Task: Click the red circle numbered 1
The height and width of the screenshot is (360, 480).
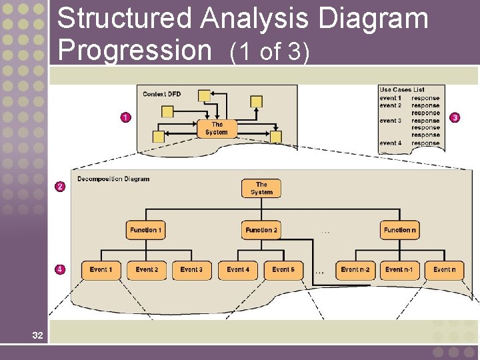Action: pos(125,117)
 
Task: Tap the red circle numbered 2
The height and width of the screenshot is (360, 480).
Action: pos(60,187)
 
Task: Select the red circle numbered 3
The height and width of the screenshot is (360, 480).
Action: pos(455,117)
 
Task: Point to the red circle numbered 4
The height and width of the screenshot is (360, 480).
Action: pos(60,269)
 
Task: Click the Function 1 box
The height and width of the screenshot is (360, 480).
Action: pos(146,230)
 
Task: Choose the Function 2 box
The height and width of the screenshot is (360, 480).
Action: pos(261,230)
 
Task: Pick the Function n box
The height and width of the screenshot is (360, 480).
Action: pos(400,230)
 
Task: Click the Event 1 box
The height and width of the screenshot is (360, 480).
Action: pos(101,270)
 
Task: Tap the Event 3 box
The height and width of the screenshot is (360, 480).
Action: pos(192,270)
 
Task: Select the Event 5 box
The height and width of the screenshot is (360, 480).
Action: pos(283,270)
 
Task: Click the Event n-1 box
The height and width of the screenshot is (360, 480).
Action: pos(399,270)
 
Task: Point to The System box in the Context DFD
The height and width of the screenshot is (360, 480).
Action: pos(216,128)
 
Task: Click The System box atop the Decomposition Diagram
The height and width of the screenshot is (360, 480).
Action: pos(261,188)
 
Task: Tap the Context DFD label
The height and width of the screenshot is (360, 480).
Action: pos(162,94)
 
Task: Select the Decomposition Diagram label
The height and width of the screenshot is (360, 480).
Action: pos(113,179)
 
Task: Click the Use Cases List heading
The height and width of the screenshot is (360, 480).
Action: pos(402,90)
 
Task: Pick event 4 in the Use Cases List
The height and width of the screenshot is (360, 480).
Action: pos(391,143)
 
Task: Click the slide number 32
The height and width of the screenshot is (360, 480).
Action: pos(37,335)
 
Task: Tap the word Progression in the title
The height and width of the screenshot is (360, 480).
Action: pos(133,50)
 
